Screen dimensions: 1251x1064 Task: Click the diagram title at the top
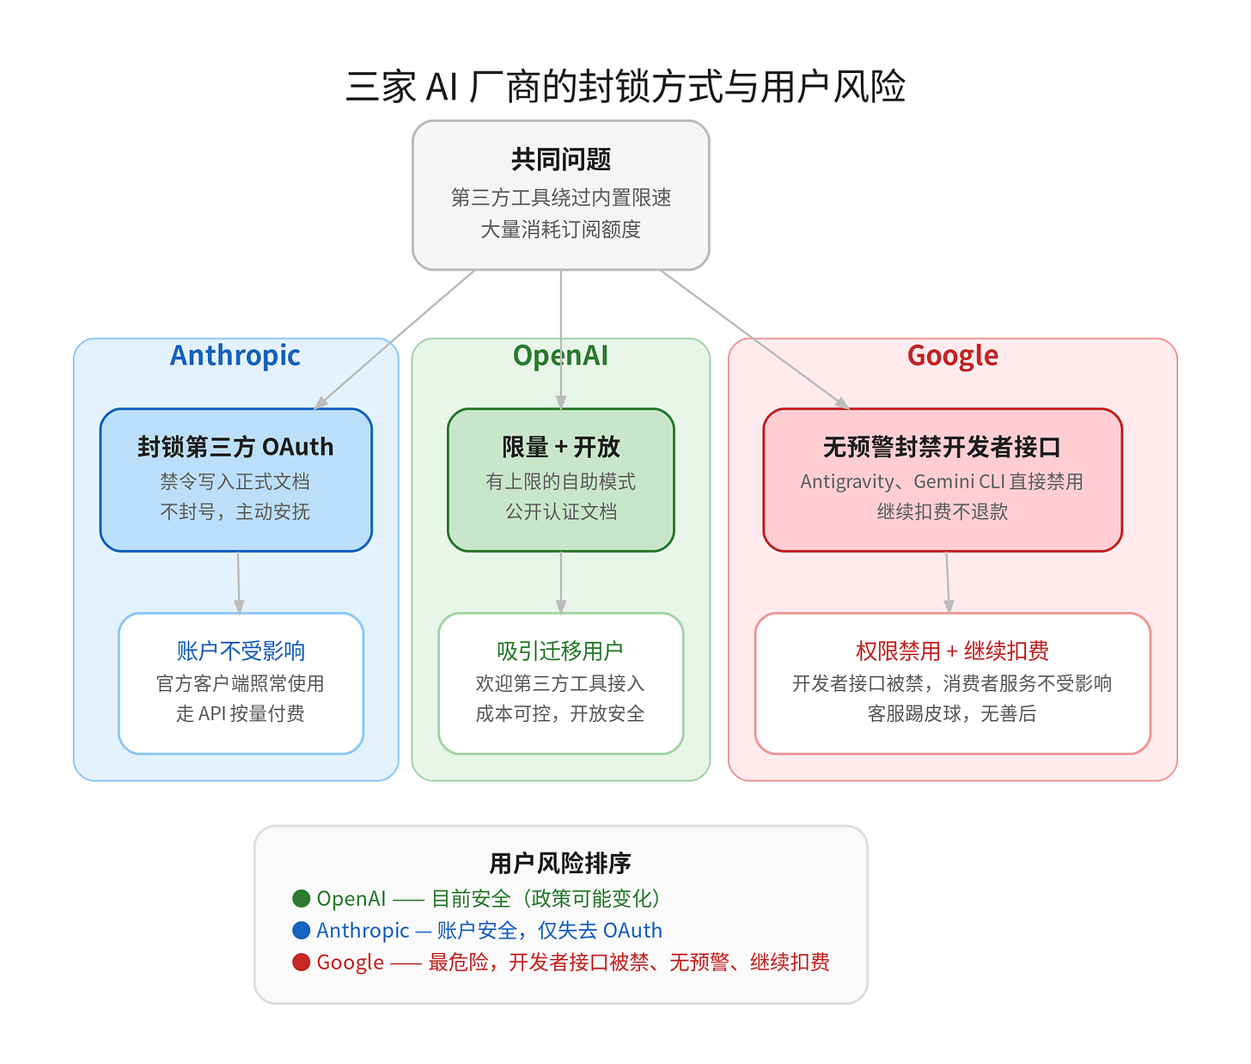coord(625,87)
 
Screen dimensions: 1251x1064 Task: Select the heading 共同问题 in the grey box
coord(561,159)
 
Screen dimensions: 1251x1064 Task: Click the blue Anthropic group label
coord(235,355)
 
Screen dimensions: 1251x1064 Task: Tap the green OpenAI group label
coord(560,355)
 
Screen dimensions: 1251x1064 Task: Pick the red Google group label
coord(952,355)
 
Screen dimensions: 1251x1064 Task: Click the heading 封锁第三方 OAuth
coord(235,447)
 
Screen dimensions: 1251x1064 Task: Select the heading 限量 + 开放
coord(561,447)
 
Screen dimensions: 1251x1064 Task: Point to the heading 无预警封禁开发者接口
coord(942,447)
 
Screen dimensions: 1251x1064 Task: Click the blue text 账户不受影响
coord(241,651)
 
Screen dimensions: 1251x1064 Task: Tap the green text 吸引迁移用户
coord(560,651)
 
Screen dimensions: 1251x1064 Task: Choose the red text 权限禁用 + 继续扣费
coord(952,651)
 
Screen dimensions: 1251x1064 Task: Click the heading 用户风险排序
coord(560,863)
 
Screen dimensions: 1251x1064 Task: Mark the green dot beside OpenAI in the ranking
coord(301,898)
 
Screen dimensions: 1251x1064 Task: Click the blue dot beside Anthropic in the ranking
coord(301,930)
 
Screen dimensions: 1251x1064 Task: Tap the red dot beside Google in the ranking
coord(301,962)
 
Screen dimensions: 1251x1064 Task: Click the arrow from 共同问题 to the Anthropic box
coord(395,339)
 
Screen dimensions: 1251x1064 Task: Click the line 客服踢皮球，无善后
coord(952,713)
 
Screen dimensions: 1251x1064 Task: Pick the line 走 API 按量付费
coord(241,713)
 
